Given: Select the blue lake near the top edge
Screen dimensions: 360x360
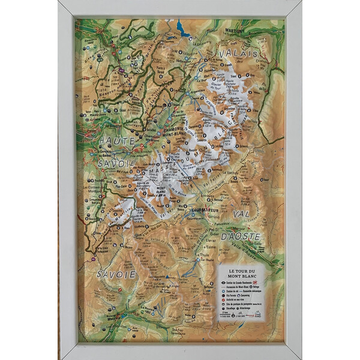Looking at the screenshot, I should (x=180, y=26).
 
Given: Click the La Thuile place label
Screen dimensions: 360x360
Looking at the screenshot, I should (x=208, y=260).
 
